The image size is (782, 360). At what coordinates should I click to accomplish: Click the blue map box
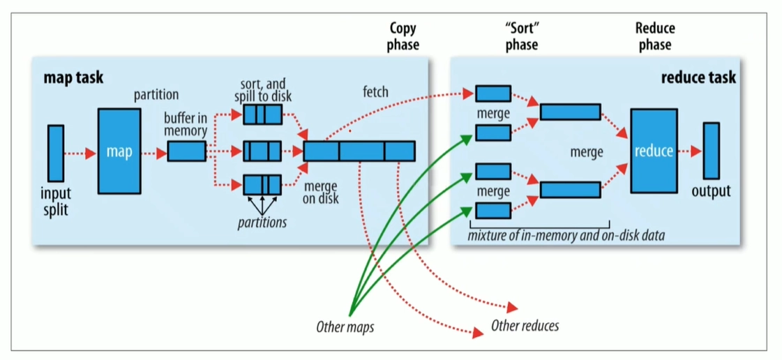point(120,151)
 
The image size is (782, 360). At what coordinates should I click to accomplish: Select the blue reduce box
point(654,151)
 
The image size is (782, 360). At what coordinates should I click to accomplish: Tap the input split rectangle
point(56,153)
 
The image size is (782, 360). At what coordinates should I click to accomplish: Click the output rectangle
point(711,151)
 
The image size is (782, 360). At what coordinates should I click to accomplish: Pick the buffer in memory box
point(186,151)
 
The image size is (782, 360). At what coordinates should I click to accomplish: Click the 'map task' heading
point(73,78)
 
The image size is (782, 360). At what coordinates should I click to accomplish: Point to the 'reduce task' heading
point(698,77)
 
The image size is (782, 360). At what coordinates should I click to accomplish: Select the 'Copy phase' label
point(403,36)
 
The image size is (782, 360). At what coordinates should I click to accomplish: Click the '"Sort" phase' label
point(521,36)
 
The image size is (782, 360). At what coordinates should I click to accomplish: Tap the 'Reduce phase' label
point(655,36)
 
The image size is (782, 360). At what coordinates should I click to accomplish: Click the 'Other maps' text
point(345,327)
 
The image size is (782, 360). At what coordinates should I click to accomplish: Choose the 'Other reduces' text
point(525,326)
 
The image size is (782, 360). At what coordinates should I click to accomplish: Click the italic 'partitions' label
point(262,222)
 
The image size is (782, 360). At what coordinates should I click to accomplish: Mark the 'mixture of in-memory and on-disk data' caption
point(566,235)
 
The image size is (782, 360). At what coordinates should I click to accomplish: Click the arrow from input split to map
point(80,153)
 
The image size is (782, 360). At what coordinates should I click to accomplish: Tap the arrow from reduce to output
point(690,151)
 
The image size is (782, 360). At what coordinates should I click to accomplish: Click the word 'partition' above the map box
point(156,94)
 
